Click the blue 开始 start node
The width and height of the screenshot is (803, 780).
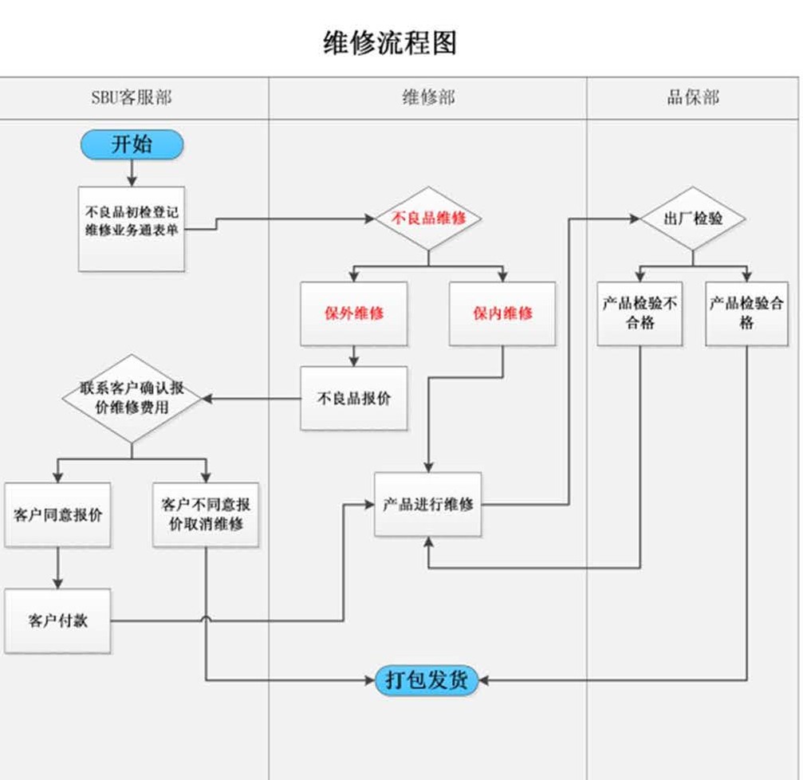coord(132,144)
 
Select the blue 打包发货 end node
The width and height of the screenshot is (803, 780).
coord(427,680)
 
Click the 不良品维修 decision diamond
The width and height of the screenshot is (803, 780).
coord(428,218)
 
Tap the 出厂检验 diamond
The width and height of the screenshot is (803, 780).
coord(692,218)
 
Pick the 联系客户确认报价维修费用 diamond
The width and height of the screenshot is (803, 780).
coord(132,398)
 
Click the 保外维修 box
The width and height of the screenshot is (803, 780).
coord(353,313)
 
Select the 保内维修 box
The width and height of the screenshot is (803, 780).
coord(502,313)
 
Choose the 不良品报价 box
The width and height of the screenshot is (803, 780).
coord(353,398)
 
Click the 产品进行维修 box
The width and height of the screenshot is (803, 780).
coord(428,505)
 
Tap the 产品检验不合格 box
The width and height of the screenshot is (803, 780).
coord(640,313)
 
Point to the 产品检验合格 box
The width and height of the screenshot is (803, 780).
coord(746,313)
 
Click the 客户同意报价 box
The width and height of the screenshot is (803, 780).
coord(57,514)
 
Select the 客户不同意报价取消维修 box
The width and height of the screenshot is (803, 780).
coord(206,514)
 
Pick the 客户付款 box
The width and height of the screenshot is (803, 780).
coord(57,620)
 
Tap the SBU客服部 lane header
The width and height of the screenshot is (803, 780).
coord(132,98)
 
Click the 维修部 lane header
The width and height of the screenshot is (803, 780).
coord(428,98)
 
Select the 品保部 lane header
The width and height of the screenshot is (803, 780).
coord(692,98)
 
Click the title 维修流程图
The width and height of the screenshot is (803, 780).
coord(390,41)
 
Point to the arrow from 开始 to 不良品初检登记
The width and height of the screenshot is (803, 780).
coord(132,172)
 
